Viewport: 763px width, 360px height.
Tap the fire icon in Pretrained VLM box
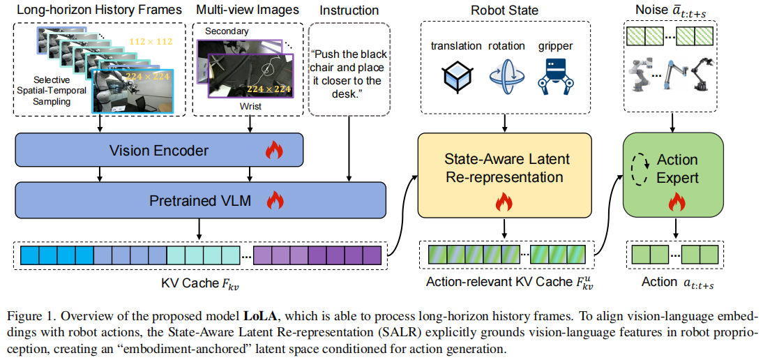pos(273,201)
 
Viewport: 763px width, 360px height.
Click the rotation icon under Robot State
pos(506,77)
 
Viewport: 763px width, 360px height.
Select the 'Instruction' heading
pos(349,10)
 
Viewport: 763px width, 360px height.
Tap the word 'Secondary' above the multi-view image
pos(227,31)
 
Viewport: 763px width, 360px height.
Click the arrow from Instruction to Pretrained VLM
pos(348,147)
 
